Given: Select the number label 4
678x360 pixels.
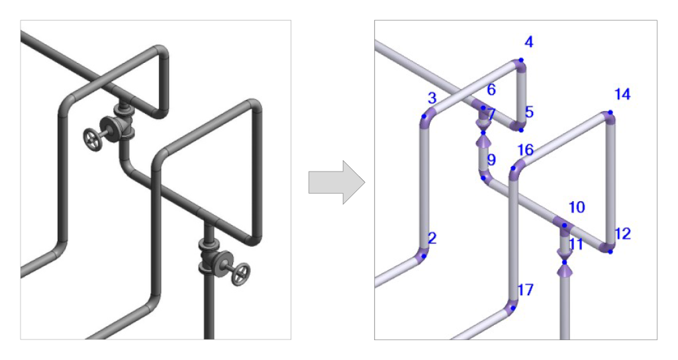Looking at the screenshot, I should coord(528,42).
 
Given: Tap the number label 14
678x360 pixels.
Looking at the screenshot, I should coord(622,95).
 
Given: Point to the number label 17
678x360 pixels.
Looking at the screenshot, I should coord(525,290).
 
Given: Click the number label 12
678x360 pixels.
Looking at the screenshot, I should coord(622,234).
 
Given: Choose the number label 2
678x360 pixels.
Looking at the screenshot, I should coord(432,238).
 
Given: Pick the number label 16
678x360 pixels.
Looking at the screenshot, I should coord(525,150).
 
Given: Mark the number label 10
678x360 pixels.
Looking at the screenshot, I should coord(576,208).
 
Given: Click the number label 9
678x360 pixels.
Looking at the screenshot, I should coord(491,160).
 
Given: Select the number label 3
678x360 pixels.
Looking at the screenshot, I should coord(432,99).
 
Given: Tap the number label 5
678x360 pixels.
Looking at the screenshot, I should coord(529,112).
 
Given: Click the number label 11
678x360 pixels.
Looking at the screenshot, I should coord(576,244).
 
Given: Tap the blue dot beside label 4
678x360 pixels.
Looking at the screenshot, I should coord(521,60).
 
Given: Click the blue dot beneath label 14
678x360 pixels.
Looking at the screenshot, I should coord(608,113).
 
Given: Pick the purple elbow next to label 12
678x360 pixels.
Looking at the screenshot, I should coord(606,246).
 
